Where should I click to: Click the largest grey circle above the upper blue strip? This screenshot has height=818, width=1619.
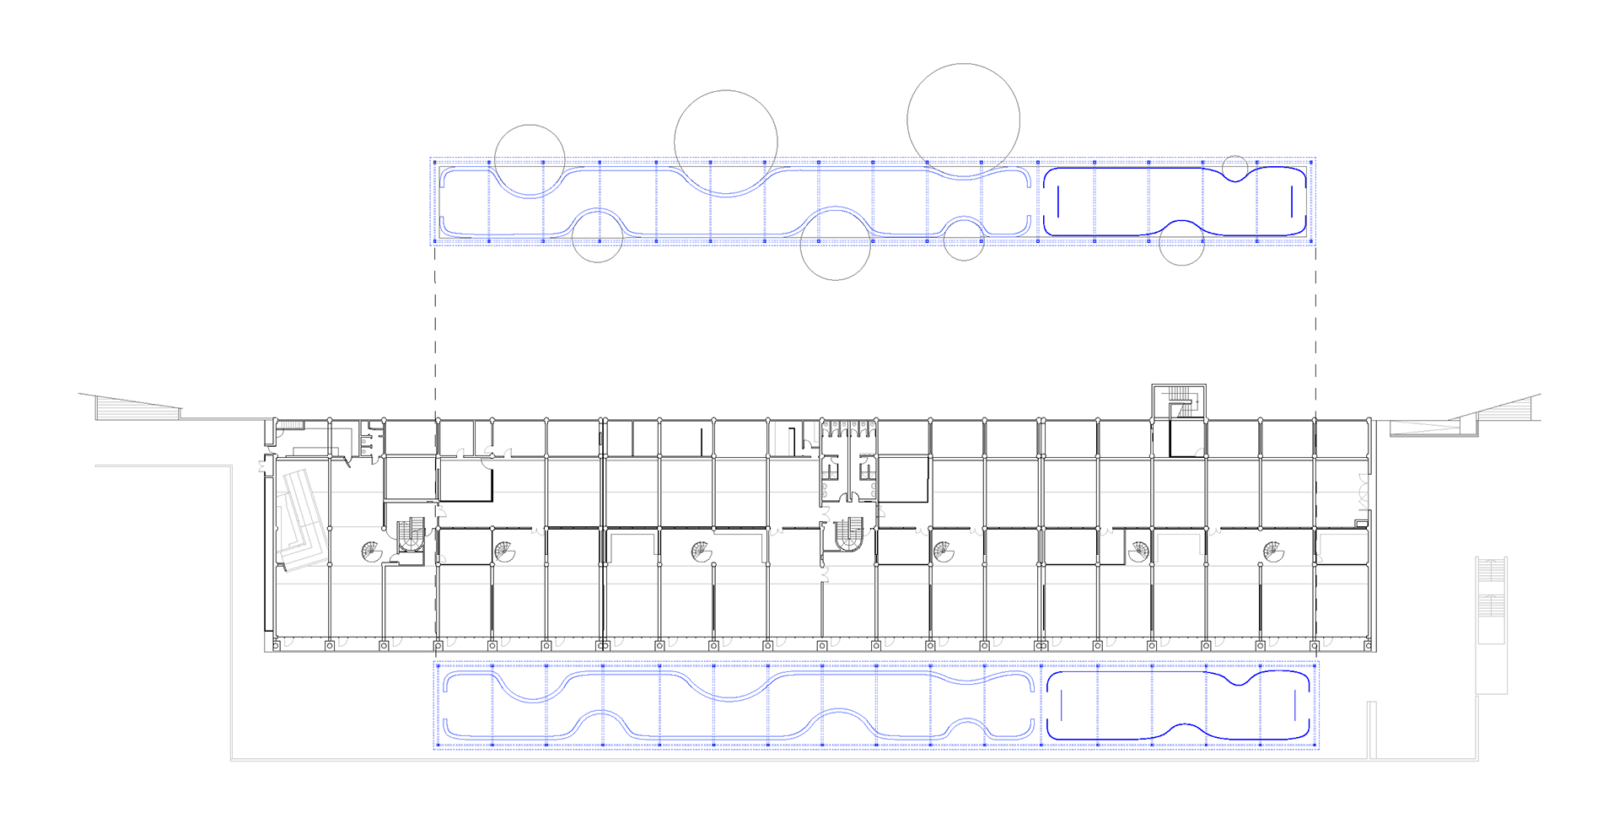coord(963,120)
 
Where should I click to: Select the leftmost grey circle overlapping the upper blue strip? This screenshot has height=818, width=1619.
coord(530,160)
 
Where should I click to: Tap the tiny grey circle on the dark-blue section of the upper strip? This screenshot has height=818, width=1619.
coord(1234,168)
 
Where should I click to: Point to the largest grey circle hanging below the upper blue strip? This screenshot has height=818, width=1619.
coord(835,245)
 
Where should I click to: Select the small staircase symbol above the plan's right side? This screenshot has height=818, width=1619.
coord(1181,401)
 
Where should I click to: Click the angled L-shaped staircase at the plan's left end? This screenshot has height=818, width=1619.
coord(302,519)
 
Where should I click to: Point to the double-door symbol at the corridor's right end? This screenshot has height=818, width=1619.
coord(1363,492)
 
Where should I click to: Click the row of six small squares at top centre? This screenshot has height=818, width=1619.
coord(849,424)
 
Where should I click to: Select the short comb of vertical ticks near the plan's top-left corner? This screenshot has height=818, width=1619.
coord(292,424)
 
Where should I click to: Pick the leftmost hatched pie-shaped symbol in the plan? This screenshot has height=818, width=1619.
coord(371,552)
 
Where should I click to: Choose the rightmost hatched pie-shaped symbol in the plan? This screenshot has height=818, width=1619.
coord(1273,552)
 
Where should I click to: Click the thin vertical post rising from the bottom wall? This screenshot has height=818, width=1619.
coord(1371,730)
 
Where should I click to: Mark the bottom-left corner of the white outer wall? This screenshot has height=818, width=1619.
coord(232,760)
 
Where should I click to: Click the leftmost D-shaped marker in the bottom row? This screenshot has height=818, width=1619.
coord(288,643)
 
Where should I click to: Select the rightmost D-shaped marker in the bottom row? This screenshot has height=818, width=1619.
coord(1328,643)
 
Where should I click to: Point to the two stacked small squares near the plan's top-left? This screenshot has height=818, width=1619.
coord(363,446)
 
